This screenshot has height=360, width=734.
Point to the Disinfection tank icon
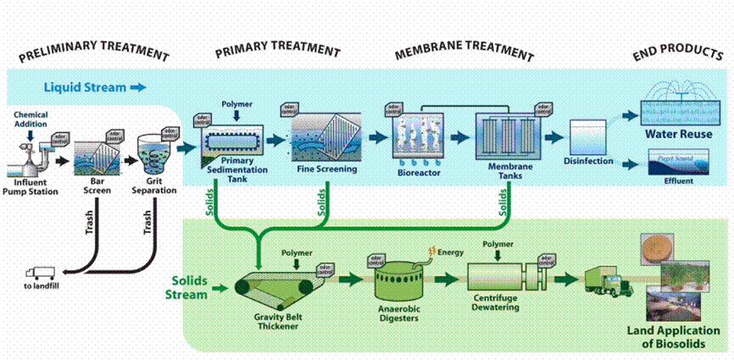pyautogui.click(x=587, y=136)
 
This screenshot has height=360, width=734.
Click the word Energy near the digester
pyautogui.click(x=448, y=252)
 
